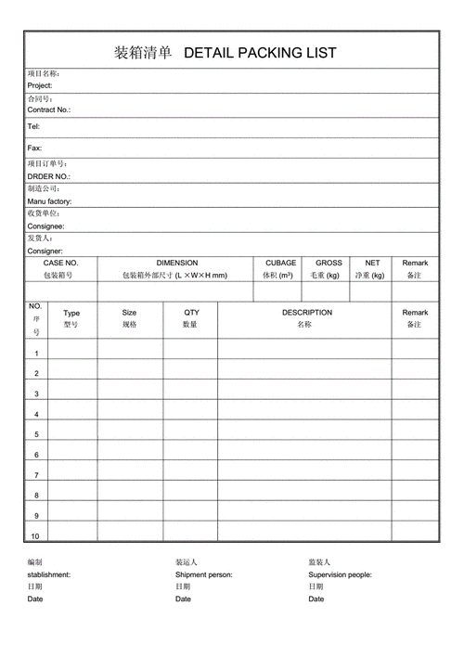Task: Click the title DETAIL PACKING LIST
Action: point(261,53)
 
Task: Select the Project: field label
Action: point(40,85)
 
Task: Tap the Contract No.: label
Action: point(49,109)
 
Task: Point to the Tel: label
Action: point(33,126)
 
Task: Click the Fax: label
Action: point(34,148)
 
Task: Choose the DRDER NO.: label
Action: point(48,176)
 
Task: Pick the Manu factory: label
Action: point(49,201)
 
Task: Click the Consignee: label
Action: point(45,226)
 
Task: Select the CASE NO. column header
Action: point(61,263)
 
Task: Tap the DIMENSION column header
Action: point(176,263)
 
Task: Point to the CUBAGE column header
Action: point(281,263)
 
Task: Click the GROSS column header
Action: point(329,263)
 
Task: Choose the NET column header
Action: point(372,263)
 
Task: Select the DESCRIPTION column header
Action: point(307,313)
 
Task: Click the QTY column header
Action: point(191,313)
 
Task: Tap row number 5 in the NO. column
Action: point(36,434)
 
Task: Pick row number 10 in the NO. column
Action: point(35,536)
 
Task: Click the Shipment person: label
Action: point(204,574)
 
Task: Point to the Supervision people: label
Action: point(341,574)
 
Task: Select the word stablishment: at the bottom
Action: point(48,574)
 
